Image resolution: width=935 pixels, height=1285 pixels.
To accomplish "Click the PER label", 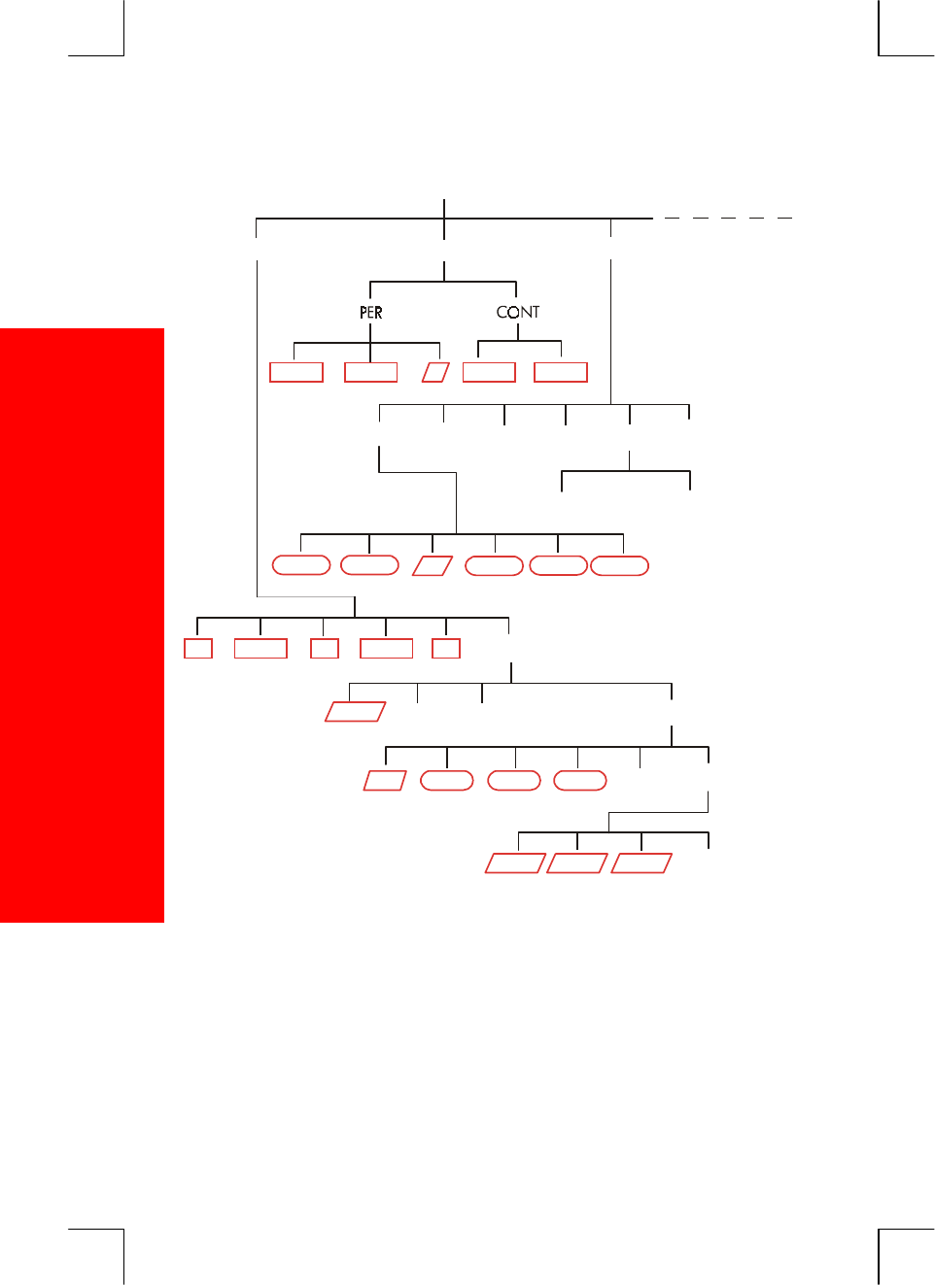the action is click(370, 313).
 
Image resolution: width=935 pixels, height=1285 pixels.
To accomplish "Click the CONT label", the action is click(517, 312).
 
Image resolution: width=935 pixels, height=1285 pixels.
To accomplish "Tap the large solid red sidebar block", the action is click(82, 625).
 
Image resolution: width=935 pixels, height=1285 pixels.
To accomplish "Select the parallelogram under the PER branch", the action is click(435, 372).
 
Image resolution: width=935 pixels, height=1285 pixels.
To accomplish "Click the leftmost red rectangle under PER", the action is click(296, 372).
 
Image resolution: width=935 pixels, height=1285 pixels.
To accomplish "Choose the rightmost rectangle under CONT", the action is click(561, 372).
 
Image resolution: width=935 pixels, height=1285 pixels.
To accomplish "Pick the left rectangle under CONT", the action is click(489, 372).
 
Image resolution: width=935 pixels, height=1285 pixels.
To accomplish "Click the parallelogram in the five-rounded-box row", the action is click(433, 565).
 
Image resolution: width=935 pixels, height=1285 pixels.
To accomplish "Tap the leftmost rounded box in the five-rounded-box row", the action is click(301, 565).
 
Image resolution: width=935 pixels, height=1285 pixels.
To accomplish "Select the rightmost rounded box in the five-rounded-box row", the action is click(619, 565).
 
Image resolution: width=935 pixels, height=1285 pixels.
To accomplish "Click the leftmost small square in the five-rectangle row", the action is click(198, 648).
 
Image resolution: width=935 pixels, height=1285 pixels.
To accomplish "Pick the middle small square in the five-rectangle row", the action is click(325, 648).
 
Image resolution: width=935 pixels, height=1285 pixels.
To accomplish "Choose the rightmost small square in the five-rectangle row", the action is click(446, 648).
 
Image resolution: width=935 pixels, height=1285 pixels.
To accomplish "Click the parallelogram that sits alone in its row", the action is click(355, 711).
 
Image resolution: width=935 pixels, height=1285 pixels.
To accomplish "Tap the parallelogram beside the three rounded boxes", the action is click(384, 780).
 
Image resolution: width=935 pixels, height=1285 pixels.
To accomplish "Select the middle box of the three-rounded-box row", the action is click(513, 780).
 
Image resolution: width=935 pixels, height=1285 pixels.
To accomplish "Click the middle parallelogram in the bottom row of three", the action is click(577, 862).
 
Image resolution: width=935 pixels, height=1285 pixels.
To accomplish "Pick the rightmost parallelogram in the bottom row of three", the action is click(641, 862).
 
